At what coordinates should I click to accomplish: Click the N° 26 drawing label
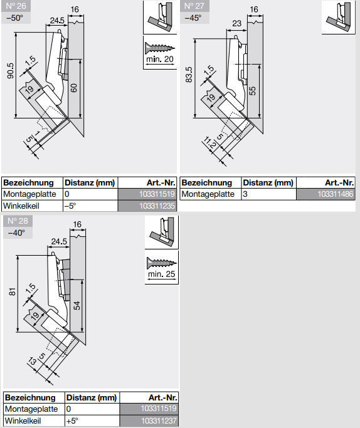pos(16,6)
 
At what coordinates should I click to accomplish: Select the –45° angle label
pos(193,18)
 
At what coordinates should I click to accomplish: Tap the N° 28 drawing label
pos(18,221)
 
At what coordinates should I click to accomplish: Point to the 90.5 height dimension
pos(10,71)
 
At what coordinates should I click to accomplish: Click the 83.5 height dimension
pos(189,75)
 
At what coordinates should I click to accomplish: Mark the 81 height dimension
pos(13,291)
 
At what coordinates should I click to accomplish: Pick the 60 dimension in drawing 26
pos(74,88)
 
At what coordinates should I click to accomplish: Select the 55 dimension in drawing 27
pos(253,91)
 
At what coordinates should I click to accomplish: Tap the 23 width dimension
pos(237,23)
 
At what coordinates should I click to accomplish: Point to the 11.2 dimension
pos(209,143)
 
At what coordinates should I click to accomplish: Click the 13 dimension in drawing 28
pos(33,361)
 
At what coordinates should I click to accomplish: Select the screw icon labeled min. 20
pos(160,48)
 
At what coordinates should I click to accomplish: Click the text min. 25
pos(161,274)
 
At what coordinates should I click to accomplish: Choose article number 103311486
pos(336,194)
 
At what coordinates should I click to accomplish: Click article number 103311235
pos(157,206)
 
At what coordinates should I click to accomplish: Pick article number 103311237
pos(159,420)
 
